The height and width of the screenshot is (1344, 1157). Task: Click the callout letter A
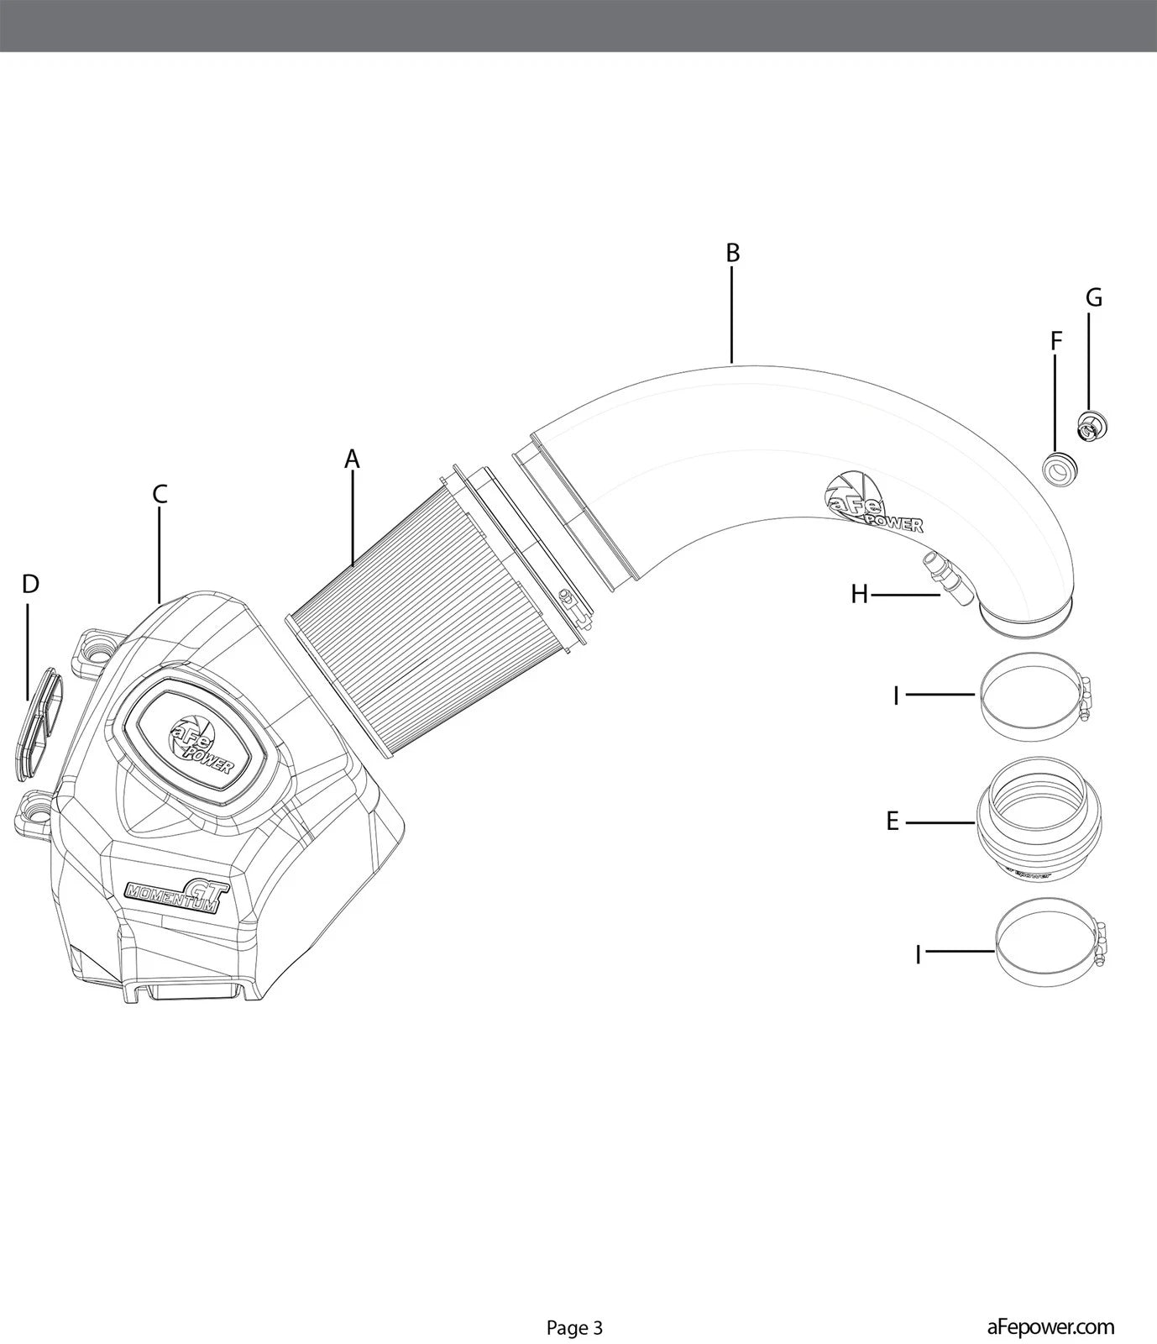coord(352,459)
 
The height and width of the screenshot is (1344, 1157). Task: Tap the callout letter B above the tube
coord(732,253)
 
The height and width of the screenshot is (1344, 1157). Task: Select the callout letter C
coord(160,495)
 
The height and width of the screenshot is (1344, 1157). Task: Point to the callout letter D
coord(30,584)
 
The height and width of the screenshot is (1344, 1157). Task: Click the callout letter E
coord(893,821)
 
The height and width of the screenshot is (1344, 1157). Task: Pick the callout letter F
coord(1056,341)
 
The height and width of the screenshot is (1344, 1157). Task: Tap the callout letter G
coord(1093,298)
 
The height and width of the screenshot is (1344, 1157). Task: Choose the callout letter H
coord(859,595)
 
